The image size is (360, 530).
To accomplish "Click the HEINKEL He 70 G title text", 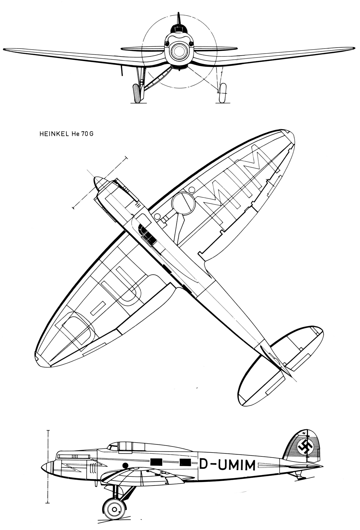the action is [66, 134].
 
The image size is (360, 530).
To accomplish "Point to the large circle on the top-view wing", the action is [183, 204].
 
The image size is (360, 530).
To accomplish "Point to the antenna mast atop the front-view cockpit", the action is [178, 19].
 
